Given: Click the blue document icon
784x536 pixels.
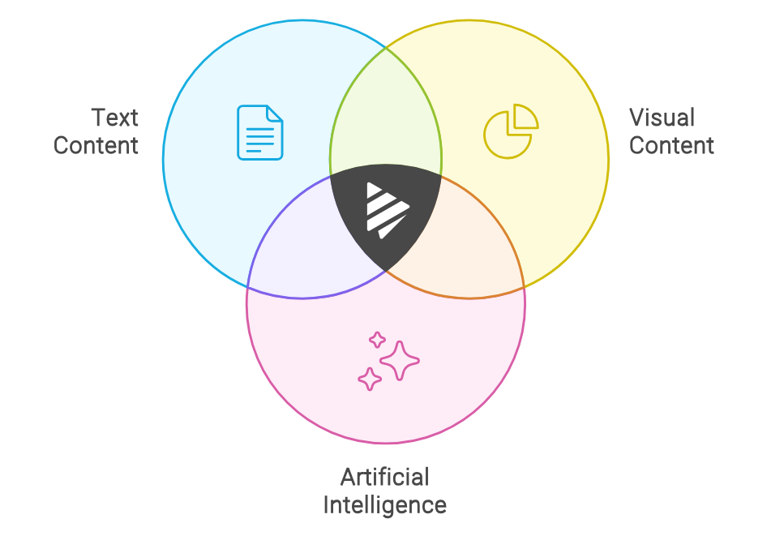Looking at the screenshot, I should pos(259,132).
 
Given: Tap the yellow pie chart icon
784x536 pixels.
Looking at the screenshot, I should pos(509,133).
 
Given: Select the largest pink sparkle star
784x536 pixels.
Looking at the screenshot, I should pos(399,360).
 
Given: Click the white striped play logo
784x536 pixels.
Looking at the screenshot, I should pos(385,209).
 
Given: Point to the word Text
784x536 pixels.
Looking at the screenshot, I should pos(114,118).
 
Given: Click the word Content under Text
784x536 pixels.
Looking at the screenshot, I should pos(96,146).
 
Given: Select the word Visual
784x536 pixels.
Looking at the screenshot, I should pos(662,118).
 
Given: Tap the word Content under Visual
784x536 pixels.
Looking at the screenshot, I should pos(671,146).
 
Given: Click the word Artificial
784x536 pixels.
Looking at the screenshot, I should pos(384,477).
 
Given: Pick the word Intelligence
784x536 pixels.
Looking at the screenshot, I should pos(384,505).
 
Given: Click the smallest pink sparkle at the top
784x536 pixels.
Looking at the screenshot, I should pos(377,340).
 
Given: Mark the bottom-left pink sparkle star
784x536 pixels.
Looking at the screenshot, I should pos(370,379).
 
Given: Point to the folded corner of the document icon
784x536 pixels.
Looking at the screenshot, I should pos(275,114).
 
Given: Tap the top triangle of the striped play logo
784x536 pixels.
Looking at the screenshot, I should pos(374,191).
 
